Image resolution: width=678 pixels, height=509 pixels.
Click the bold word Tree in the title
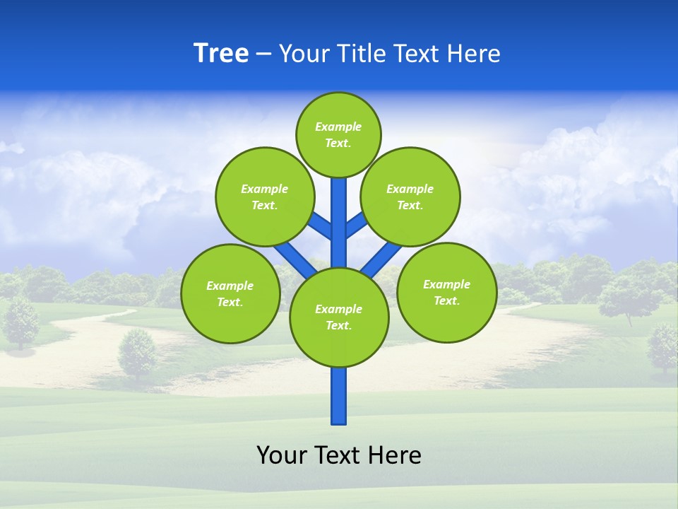221,54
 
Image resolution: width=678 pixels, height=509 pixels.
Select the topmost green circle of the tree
338,135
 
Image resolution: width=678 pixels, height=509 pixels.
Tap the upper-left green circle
265,197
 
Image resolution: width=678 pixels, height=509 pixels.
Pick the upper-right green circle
410,197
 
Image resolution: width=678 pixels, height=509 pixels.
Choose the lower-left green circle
230,293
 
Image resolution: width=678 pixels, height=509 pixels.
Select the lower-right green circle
446,292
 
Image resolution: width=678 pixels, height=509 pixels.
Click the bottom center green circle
339,317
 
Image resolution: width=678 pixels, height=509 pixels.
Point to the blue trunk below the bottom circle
339,396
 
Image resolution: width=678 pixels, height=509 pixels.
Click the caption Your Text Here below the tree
339,455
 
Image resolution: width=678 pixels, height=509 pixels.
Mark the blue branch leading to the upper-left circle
321,225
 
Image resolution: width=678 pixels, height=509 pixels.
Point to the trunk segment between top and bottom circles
339,226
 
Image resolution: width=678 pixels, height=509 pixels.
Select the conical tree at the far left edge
20,322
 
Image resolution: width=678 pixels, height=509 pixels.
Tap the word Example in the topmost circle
338,127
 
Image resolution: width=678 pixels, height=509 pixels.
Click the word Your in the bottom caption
282,455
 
